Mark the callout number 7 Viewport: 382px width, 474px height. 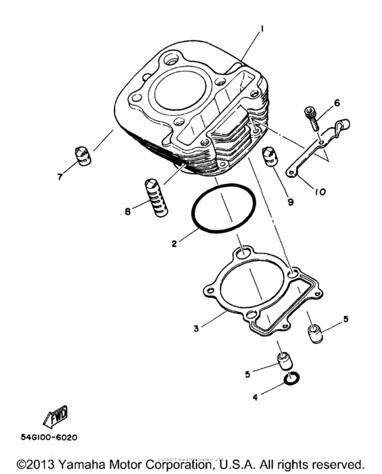tap(59, 176)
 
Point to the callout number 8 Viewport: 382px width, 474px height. tap(127, 212)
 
